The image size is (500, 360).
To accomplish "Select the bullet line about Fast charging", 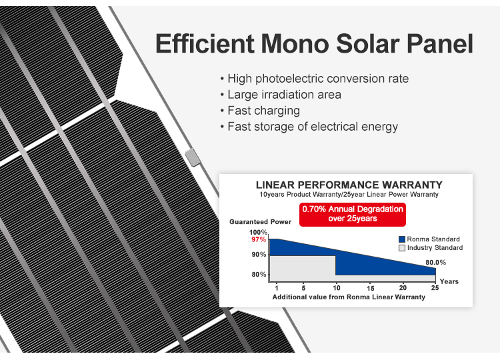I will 263,111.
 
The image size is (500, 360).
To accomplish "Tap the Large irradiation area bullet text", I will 284,95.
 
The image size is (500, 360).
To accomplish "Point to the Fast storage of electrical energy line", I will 312,127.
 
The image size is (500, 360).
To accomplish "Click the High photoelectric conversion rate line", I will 317,79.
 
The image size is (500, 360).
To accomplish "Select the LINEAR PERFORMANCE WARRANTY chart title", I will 349,185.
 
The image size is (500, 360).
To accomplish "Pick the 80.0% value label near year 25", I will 435,262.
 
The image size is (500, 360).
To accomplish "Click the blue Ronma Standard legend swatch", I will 402,239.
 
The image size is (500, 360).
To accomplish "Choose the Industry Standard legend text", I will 435,248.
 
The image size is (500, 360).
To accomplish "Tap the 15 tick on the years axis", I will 370,287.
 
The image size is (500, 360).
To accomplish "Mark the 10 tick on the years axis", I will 336,287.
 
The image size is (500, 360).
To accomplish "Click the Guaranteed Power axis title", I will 261,221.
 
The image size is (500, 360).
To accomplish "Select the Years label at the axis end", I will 449,281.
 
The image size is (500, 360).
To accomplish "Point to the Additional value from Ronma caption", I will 349,297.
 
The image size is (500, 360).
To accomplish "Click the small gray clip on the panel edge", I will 192,157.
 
